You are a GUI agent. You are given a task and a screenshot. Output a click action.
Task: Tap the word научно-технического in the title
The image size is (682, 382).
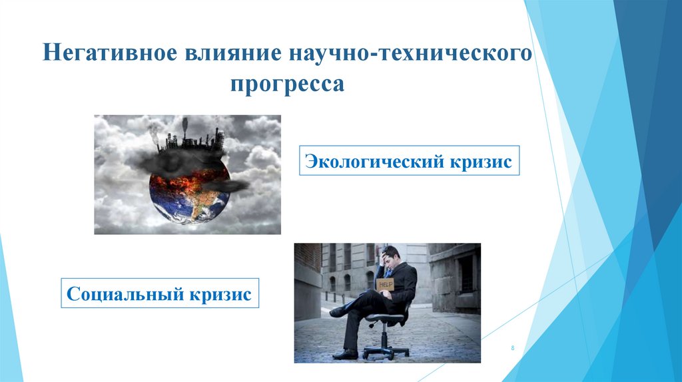[411, 53]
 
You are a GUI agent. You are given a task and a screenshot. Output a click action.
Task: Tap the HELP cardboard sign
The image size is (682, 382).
[385, 284]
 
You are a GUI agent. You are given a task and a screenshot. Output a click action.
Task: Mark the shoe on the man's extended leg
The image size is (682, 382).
[345, 354]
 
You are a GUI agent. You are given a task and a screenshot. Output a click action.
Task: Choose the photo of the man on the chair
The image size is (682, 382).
[387, 303]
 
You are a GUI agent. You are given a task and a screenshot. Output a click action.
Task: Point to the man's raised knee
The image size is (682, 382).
[366, 296]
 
